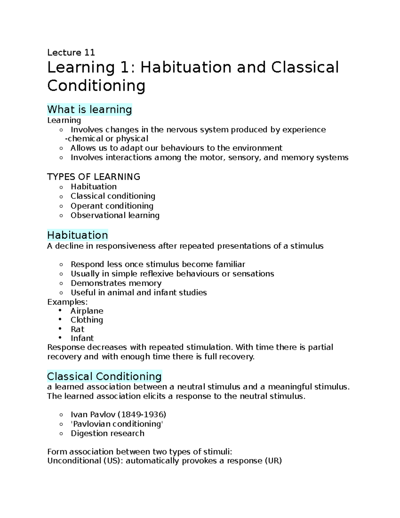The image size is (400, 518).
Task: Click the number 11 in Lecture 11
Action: [x=90, y=52]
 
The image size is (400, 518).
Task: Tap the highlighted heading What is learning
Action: [x=90, y=109]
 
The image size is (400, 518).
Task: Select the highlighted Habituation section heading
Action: [x=77, y=235]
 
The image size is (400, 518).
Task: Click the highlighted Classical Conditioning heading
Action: [x=104, y=376]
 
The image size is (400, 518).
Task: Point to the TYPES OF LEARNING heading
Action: [x=94, y=177]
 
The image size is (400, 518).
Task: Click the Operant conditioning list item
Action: [x=112, y=206]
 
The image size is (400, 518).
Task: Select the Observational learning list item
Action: [x=115, y=215]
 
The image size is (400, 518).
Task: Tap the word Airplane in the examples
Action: [x=87, y=311]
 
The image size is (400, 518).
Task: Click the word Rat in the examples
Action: [x=77, y=329]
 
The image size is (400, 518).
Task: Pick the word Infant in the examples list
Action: [x=82, y=338]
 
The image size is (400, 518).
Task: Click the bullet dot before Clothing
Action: [x=60, y=320]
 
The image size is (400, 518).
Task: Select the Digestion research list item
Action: [x=107, y=433]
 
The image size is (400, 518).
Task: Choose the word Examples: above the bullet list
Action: [x=67, y=302]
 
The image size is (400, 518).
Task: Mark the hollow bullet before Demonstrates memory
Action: [x=61, y=284]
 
